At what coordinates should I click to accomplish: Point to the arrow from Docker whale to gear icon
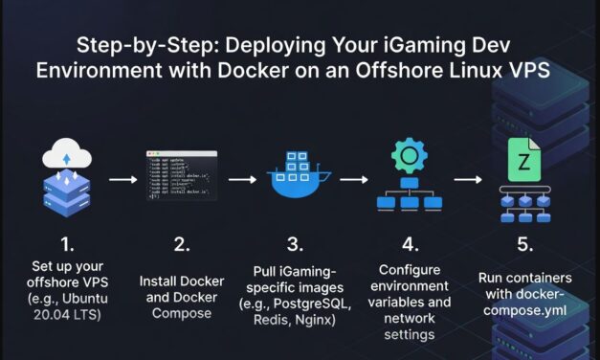pos(354,178)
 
